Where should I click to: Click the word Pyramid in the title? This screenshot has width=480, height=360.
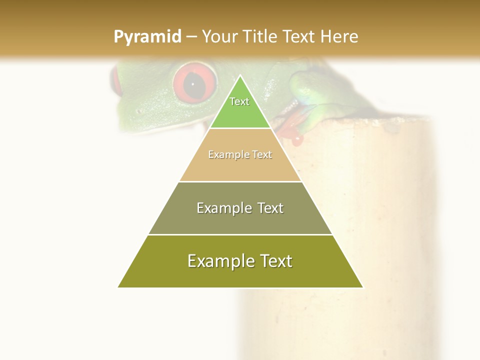point(147,37)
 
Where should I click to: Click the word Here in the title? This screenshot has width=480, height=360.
point(339,36)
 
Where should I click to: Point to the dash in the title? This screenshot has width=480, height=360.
point(191,37)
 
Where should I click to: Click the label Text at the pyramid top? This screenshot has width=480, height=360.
point(239,101)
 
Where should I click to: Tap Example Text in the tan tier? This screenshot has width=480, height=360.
point(240,154)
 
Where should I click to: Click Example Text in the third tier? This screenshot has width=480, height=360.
point(240,208)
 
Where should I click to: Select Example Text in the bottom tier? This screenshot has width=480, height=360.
point(240,261)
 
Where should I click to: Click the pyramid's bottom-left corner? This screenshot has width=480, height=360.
point(118,287)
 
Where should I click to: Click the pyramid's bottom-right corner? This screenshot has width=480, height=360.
point(362,287)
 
